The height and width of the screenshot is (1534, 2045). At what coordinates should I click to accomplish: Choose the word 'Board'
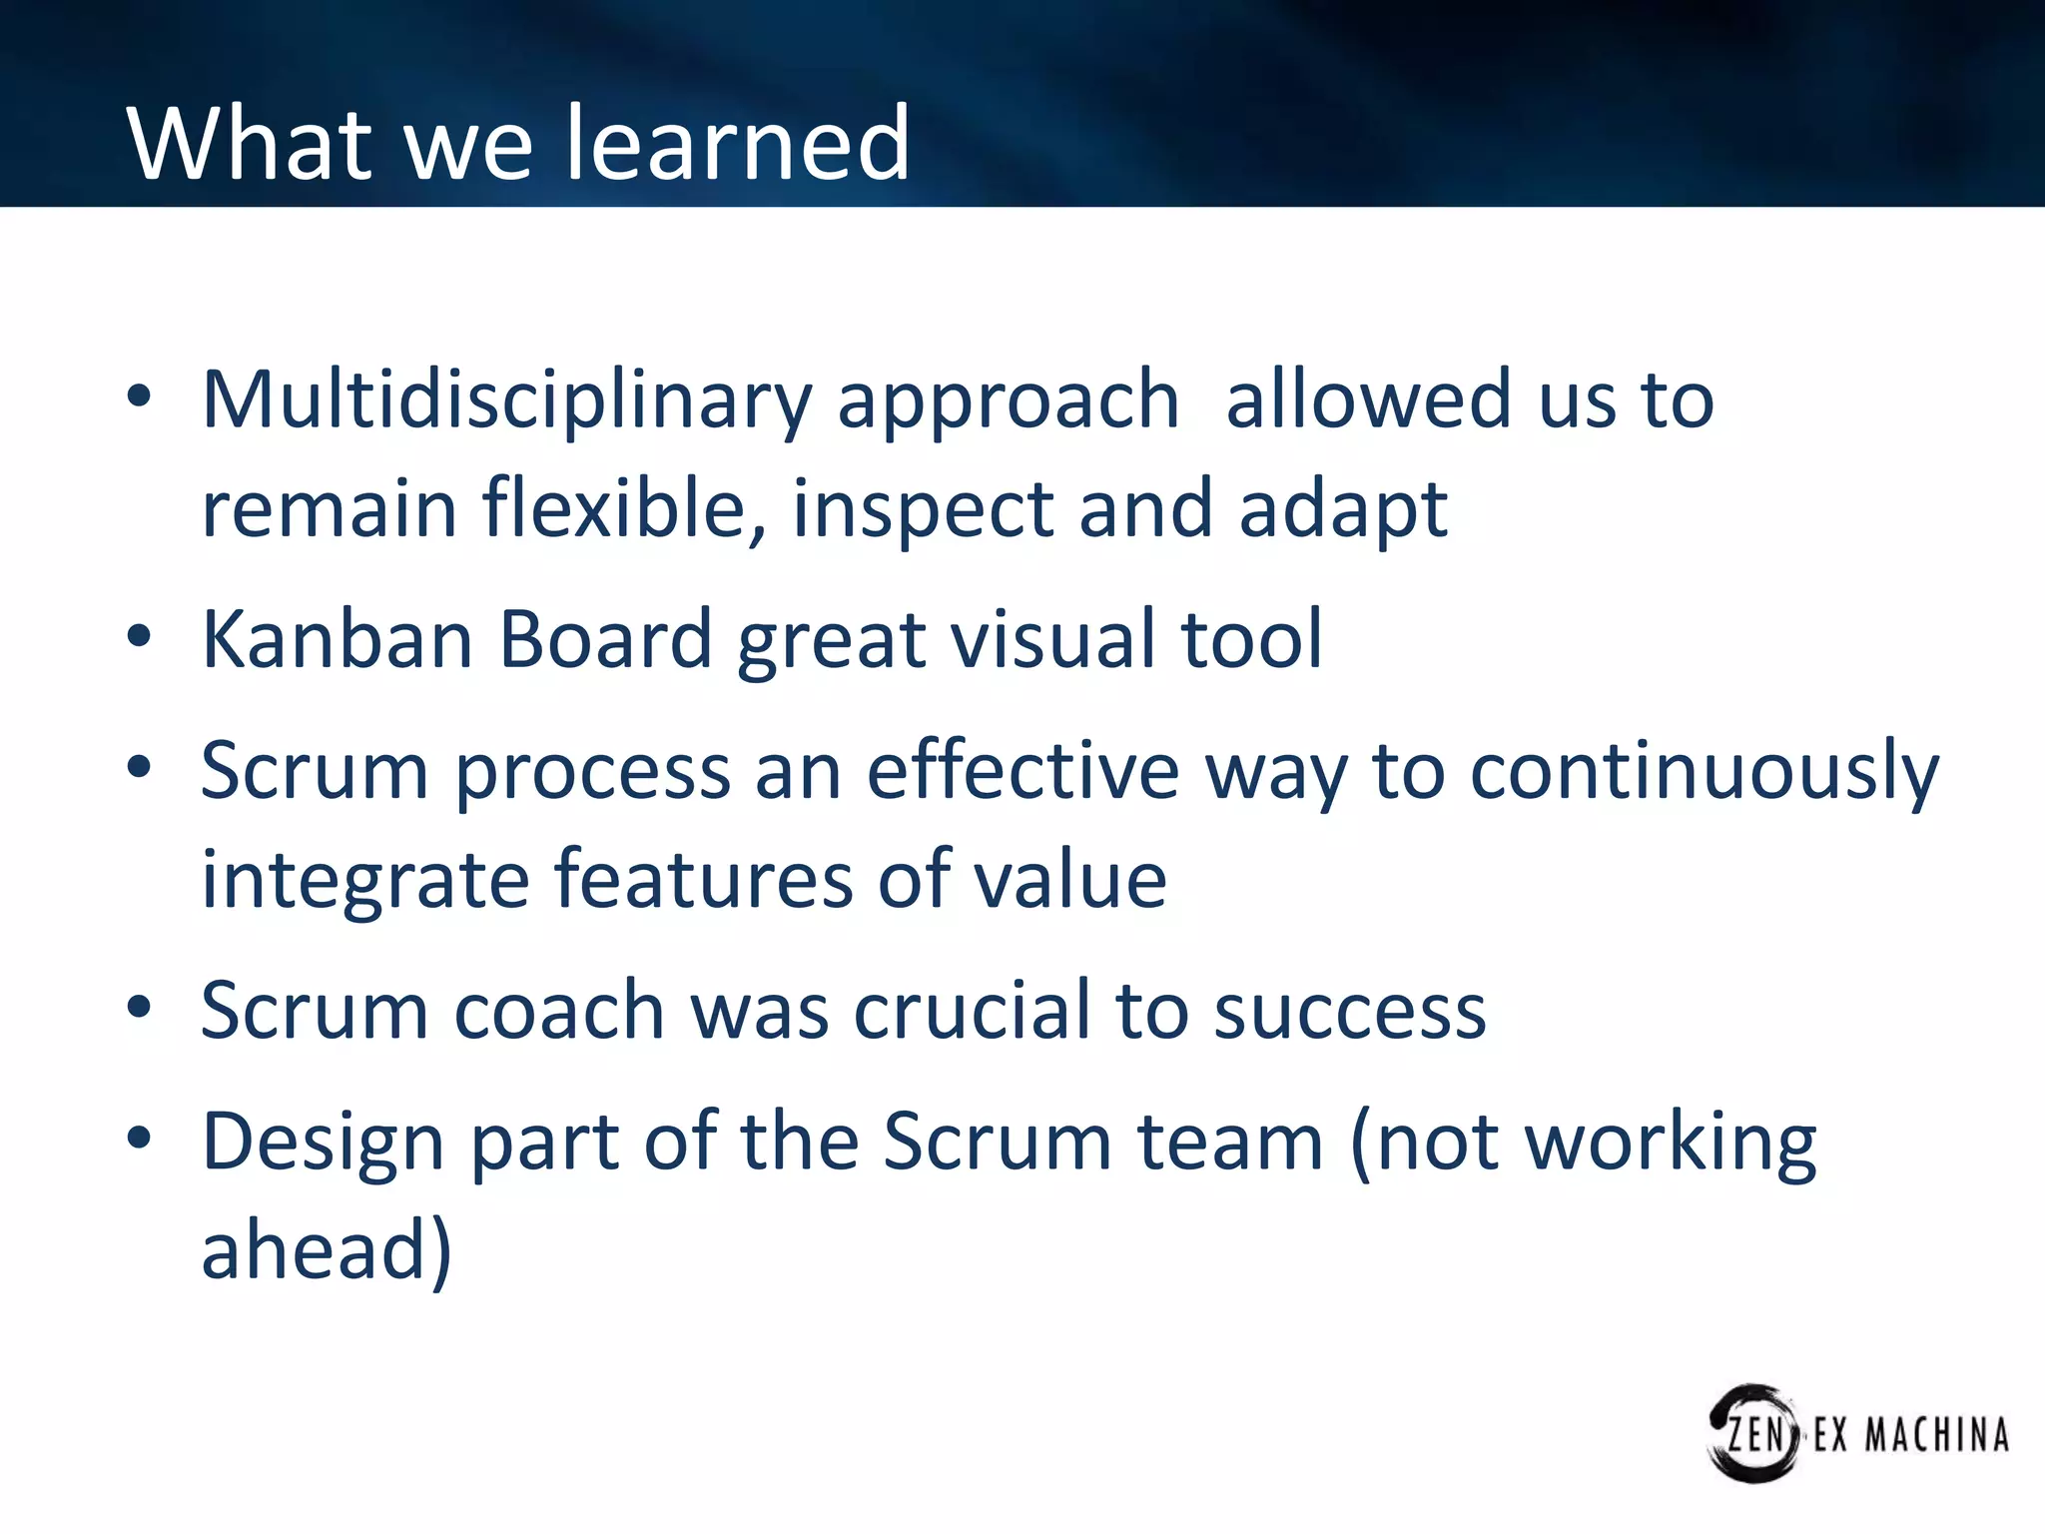click(604, 639)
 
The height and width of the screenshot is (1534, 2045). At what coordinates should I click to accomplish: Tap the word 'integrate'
click(364, 880)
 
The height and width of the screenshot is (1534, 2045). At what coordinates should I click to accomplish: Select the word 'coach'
click(559, 1011)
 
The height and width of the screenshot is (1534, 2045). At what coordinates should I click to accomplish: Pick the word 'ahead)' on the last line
click(327, 1250)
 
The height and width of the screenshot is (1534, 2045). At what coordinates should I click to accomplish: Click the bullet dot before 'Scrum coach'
click(139, 1007)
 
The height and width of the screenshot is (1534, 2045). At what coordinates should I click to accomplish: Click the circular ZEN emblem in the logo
click(1753, 1433)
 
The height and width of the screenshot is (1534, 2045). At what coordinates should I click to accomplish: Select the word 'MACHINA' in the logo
click(1936, 1436)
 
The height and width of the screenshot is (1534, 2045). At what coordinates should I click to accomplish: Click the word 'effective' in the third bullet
click(1022, 772)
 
